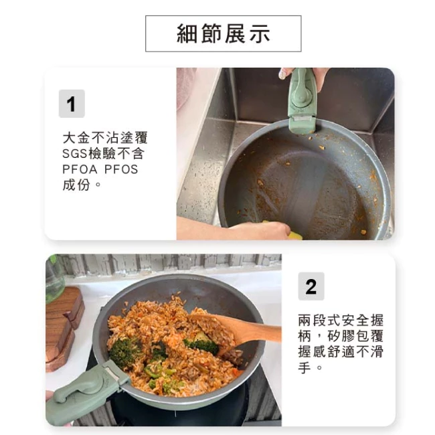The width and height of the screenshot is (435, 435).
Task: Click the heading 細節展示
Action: click(223, 33)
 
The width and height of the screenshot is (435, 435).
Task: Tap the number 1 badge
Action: click(72, 104)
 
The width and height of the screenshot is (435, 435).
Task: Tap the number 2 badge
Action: click(311, 286)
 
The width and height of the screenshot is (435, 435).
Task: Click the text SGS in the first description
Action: click(75, 153)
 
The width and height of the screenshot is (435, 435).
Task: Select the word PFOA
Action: click(80, 169)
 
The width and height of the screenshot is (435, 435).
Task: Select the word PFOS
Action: click(121, 169)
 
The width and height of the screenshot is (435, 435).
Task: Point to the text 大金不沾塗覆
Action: click(105, 138)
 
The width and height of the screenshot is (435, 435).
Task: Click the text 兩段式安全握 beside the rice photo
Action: click(341, 320)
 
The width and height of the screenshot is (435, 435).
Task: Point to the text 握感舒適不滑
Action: click(341, 351)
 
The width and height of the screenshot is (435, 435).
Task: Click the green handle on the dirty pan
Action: click(302, 100)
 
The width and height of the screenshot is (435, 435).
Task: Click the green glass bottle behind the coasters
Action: click(54, 278)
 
